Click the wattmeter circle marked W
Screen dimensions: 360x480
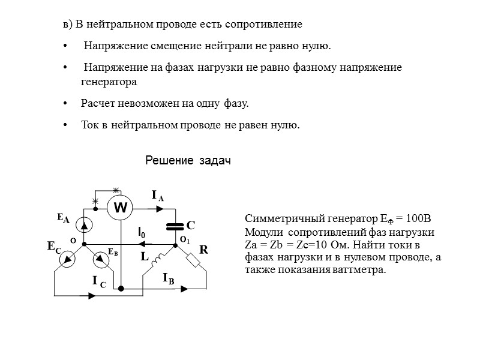click(121, 208)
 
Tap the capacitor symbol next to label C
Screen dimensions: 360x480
click(175, 226)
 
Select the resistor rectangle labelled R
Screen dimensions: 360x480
click(194, 260)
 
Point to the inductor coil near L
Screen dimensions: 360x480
click(160, 259)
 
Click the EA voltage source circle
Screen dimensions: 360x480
click(85, 224)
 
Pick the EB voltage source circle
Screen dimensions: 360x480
click(103, 259)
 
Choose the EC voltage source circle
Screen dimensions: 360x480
click(67, 259)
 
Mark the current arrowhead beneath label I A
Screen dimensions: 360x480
click(160, 209)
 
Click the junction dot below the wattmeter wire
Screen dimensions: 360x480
click(121, 289)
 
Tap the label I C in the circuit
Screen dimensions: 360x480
click(98, 280)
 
